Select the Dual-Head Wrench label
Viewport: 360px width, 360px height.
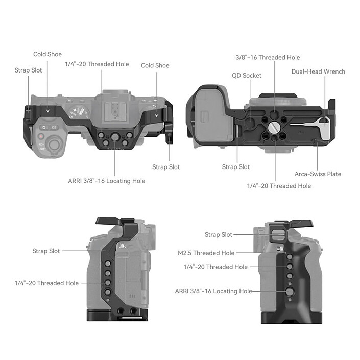tap(318, 71)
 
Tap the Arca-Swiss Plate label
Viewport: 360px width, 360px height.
tap(318, 174)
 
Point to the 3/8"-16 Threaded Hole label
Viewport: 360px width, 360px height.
tap(268, 58)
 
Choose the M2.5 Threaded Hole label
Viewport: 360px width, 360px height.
tap(206, 253)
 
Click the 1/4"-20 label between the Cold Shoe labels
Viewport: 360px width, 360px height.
tap(97, 64)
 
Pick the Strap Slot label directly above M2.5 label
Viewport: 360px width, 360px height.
tap(219, 235)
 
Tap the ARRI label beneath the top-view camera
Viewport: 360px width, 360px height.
tap(106, 181)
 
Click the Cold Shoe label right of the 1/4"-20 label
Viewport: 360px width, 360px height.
tap(155, 65)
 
